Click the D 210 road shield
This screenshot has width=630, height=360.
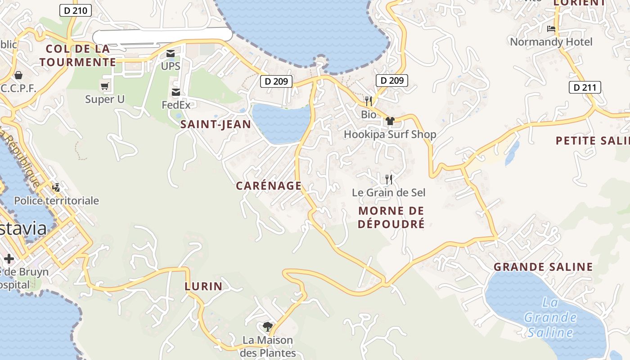click(x=76, y=10)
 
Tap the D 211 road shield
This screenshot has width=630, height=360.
click(x=585, y=87)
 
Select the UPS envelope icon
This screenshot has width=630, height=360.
click(x=171, y=54)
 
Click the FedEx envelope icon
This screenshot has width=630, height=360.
click(x=176, y=93)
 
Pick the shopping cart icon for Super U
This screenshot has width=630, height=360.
click(x=105, y=86)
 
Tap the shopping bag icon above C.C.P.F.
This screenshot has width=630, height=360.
click(x=18, y=75)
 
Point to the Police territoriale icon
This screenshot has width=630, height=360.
click(x=56, y=188)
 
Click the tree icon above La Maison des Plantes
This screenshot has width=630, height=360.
click(x=268, y=327)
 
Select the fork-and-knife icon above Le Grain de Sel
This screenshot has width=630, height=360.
click(x=389, y=180)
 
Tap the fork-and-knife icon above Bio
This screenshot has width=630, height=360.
click(x=369, y=101)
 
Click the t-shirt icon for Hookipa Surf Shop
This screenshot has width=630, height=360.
click(x=390, y=121)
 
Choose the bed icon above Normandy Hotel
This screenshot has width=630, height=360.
click(x=551, y=29)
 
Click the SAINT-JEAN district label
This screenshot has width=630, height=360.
click(x=216, y=125)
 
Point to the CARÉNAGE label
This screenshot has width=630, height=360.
click(x=269, y=186)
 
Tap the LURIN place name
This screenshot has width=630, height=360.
click(x=203, y=286)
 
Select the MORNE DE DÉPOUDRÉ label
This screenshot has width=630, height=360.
click(x=391, y=217)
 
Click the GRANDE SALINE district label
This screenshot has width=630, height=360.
click(x=543, y=267)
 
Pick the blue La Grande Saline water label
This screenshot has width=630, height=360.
click(x=550, y=318)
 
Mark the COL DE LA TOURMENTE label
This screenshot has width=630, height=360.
click(x=78, y=55)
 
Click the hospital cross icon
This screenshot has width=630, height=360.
click(x=9, y=259)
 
